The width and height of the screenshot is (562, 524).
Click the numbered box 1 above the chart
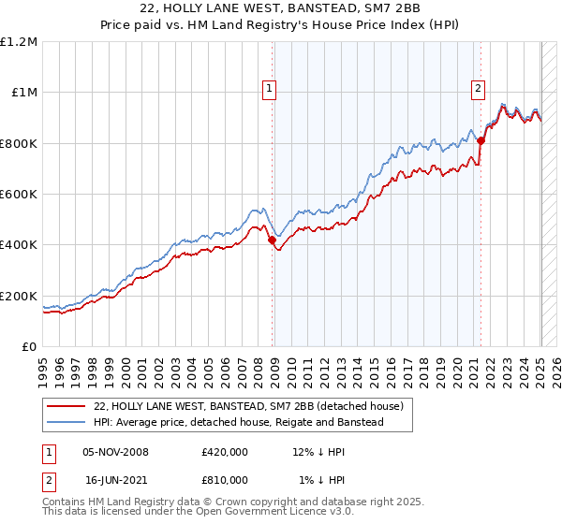point(269,89)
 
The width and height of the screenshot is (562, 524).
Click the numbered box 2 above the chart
point(478,89)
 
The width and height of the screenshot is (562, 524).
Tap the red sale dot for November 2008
point(273,240)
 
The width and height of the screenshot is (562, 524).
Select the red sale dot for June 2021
point(481,140)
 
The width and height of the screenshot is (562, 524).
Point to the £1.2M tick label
point(19,41)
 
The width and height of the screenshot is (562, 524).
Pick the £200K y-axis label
point(19,296)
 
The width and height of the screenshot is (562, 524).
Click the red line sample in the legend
point(67,407)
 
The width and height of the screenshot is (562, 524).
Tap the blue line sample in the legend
point(67,423)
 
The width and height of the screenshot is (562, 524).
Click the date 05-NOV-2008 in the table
point(115,452)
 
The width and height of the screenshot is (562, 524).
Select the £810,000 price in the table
point(225,480)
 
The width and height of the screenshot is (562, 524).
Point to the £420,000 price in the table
point(225,452)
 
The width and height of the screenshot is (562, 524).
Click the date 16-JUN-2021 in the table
point(115,480)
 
